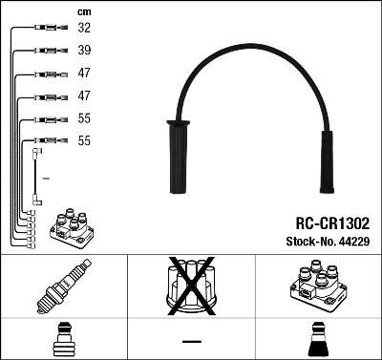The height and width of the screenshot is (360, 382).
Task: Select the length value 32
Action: [x=83, y=30]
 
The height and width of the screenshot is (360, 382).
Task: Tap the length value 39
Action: [x=83, y=52]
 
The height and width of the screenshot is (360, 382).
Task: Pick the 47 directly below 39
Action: [x=83, y=74]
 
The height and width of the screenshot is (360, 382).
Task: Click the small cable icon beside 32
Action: [x=43, y=30]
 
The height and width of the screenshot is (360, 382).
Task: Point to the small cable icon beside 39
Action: [x=43, y=52]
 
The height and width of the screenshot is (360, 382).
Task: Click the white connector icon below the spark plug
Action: [x=64, y=340]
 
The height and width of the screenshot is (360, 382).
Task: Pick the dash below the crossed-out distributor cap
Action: [x=191, y=342]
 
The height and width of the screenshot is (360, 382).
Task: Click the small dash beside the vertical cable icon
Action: [x=46, y=179]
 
